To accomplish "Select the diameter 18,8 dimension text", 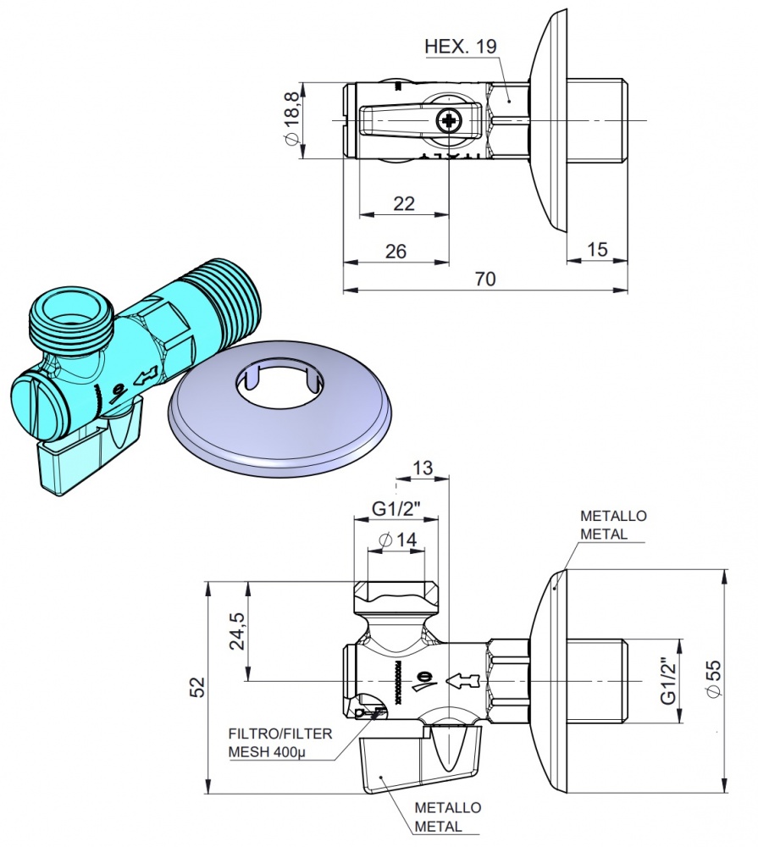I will click(290, 119).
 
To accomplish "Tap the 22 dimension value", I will click(404, 203).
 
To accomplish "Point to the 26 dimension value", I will click(395, 251).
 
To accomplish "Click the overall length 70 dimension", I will click(484, 279).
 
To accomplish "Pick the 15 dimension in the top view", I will click(597, 250).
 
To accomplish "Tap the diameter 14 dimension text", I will click(396, 540).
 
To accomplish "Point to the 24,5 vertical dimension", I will click(238, 631).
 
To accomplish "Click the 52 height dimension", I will click(196, 687).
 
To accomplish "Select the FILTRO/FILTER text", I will click(280, 734).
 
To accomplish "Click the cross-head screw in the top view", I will click(449, 123).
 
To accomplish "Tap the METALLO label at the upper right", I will click(614, 516).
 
